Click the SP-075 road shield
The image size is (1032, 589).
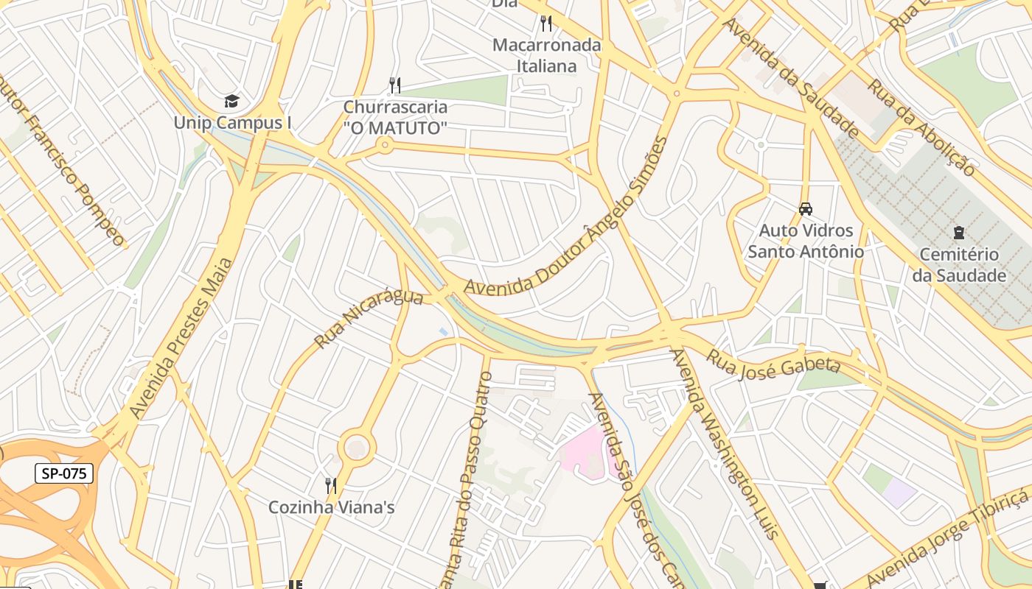(64, 473)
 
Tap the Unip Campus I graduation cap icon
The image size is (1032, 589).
(232, 101)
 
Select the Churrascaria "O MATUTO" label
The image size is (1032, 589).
(395, 117)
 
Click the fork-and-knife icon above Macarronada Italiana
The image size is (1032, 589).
(545, 23)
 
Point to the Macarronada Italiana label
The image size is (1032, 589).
(546, 55)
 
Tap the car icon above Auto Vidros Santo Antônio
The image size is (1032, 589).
(806, 209)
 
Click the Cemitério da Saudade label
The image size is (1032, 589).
(959, 265)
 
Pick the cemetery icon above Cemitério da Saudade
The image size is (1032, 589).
(958, 233)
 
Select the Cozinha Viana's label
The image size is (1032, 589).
(331, 507)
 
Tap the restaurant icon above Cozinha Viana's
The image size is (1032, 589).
(331, 485)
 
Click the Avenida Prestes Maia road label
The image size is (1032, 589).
(181, 339)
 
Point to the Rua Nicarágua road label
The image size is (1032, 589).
(369, 320)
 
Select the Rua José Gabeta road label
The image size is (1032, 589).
(774, 360)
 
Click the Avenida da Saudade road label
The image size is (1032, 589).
(790, 77)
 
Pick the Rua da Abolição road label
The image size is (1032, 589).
(921, 127)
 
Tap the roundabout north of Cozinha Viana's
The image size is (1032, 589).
(357, 447)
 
